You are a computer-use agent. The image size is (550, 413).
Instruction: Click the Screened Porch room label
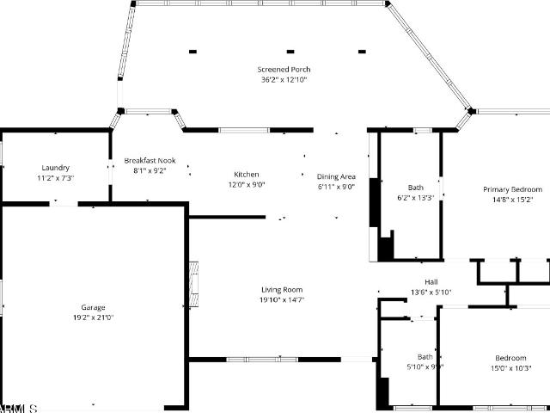point(284,70)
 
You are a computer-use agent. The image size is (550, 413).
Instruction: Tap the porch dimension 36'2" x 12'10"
point(284,79)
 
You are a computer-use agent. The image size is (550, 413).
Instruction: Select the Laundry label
point(55,168)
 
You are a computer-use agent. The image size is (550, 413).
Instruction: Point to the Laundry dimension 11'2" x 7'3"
point(55,178)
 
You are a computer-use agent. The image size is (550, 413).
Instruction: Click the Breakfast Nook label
point(150,160)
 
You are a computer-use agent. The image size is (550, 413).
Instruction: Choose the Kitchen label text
point(247,175)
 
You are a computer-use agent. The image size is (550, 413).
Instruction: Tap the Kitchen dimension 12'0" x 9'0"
point(247,184)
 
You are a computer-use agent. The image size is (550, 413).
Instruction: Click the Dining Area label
point(336,176)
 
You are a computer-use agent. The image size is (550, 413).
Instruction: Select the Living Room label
point(282,290)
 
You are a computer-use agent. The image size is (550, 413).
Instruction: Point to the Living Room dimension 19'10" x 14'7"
point(282,299)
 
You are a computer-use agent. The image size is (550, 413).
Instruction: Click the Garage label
point(93,307)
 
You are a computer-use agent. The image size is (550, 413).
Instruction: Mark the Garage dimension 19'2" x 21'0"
point(93,317)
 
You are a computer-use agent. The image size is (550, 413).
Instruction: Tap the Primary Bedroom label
point(512,189)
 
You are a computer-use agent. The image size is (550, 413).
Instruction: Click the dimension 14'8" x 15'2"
point(512,200)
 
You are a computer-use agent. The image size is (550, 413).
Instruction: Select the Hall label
point(431,282)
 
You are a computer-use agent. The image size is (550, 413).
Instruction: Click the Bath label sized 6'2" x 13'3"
point(415,188)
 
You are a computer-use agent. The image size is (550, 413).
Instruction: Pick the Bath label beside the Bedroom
point(425,357)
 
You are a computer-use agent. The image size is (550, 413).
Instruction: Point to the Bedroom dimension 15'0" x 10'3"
point(510,368)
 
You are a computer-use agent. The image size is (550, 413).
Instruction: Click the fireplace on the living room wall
point(193,285)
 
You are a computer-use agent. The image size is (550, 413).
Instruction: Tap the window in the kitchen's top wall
point(244,131)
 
